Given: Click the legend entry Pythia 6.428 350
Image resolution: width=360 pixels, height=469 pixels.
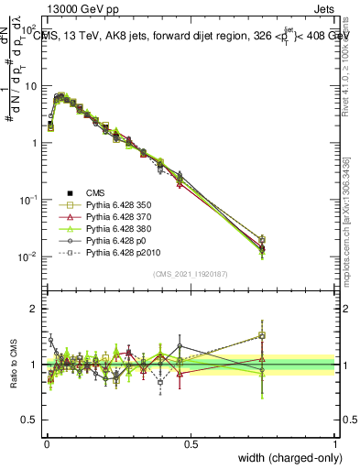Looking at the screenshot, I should point(116,204).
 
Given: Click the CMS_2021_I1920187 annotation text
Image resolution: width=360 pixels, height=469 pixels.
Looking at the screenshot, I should point(191,273).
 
